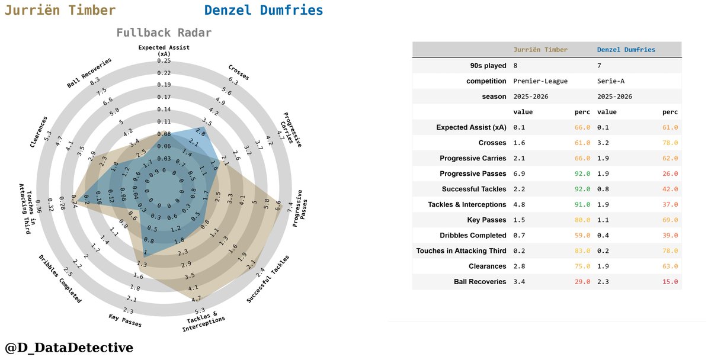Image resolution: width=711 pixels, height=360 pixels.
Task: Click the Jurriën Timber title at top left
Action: (60, 11)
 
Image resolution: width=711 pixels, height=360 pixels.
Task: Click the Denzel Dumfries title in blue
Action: (264, 11)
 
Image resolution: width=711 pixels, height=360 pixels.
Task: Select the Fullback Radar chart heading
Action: (164, 33)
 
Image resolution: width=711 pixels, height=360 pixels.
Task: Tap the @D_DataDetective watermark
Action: (69, 348)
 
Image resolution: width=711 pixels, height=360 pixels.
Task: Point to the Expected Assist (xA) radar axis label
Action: (164, 50)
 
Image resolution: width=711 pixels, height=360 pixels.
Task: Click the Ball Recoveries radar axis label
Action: (89, 73)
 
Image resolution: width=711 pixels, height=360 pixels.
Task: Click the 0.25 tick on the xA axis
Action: (164, 61)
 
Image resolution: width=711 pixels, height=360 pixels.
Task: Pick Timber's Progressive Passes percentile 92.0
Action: (582, 173)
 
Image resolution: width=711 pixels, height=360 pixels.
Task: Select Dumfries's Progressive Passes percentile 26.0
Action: (670, 173)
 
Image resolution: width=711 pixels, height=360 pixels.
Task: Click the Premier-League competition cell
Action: (540, 81)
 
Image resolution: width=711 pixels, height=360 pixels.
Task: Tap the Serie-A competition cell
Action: (613, 81)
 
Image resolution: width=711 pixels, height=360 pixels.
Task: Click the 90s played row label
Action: (487, 66)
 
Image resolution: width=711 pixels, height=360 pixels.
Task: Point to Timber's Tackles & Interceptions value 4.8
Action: (520, 204)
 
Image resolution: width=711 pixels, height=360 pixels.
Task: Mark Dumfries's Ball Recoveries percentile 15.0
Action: (670, 282)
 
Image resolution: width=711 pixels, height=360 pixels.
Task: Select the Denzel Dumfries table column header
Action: (626, 50)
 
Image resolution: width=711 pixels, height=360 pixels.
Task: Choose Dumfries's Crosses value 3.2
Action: (604, 143)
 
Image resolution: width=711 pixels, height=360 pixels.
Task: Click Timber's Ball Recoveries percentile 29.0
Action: (582, 282)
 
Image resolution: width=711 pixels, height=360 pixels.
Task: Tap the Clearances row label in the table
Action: (485, 266)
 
